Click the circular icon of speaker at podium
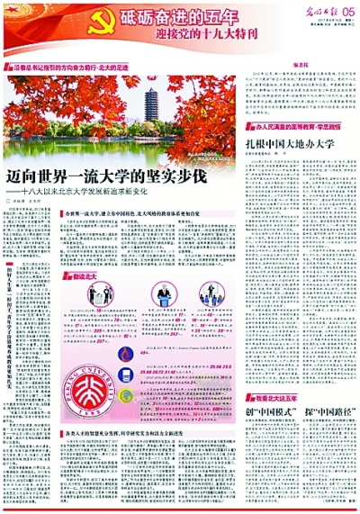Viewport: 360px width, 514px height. [x=92, y=296]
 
